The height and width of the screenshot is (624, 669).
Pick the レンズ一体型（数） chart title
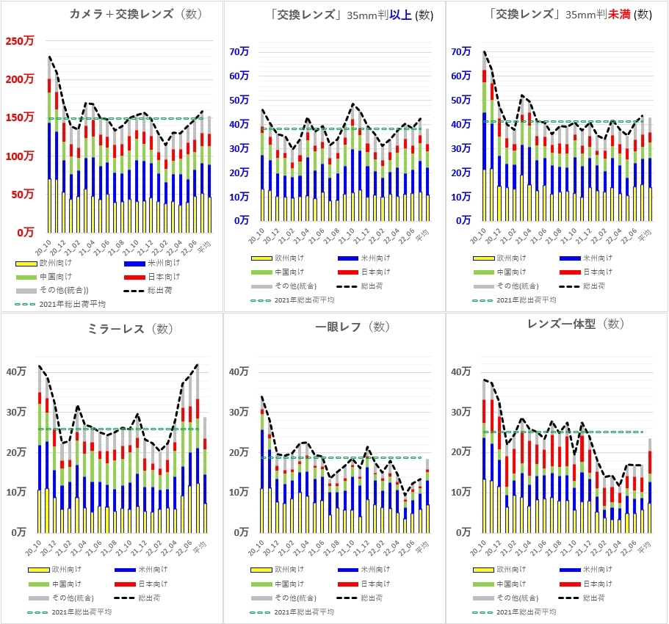575,324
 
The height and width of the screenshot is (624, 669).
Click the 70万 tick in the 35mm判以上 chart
239,52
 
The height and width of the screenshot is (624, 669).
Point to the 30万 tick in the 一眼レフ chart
239,413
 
